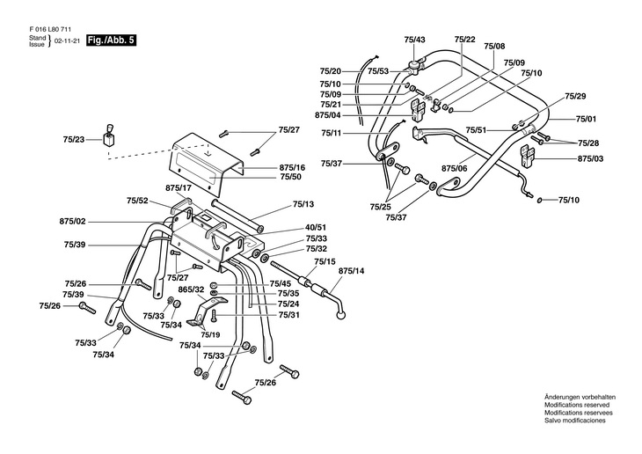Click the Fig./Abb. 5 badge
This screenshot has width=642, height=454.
(x=112, y=40)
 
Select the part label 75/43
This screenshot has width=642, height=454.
(x=415, y=40)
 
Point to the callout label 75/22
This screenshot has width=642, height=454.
(x=465, y=40)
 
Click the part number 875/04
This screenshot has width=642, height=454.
(x=328, y=115)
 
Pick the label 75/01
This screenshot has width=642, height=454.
(x=586, y=119)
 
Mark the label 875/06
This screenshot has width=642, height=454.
(x=454, y=168)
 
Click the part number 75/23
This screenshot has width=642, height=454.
(x=74, y=139)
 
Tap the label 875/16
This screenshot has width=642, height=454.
(x=292, y=167)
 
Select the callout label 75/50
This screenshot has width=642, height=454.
(x=290, y=178)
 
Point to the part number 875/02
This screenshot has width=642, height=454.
(x=73, y=221)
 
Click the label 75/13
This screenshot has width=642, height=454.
(x=303, y=203)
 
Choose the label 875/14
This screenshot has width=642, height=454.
(x=351, y=272)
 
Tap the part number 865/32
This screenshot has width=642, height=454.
(x=192, y=289)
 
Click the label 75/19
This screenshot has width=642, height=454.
(x=209, y=335)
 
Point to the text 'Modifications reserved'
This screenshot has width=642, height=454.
(x=578, y=406)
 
